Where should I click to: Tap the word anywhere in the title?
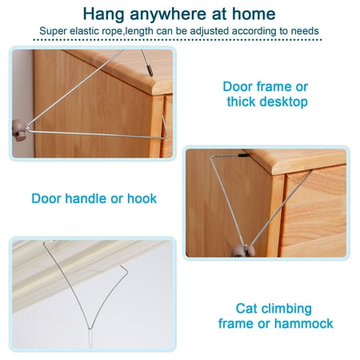pyautogui.click(x=168, y=14)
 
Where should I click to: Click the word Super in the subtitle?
pyautogui.click(x=53, y=31)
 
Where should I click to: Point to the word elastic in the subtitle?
pyautogui.click(x=84, y=31)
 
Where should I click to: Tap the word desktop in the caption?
pyautogui.click(x=284, y=102)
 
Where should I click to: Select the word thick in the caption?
pyautogui.click(x=242, y=102)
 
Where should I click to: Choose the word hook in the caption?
pyautogui.click(x=142, y=198)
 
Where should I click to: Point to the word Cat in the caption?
pyautogui.click(x=246, y=309)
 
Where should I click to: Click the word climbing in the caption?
pyautogui.click(x=286, y=310)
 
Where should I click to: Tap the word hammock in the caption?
pyautogui.click(x=304, y=324)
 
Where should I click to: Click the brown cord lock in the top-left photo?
pyautogui.click(x=19, y=130)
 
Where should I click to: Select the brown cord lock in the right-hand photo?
pyautogui.click(x=243, y=251)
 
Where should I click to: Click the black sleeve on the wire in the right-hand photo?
pyautogui.click(x=244, y=155)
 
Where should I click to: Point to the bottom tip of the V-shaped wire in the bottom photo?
pyautogui.click(x=90, y=329)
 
